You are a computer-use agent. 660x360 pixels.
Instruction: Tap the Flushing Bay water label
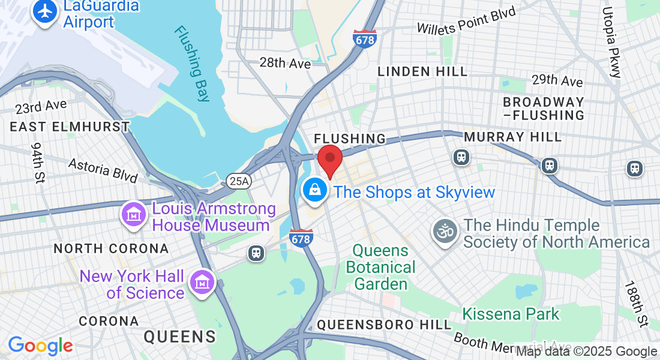(193, 62)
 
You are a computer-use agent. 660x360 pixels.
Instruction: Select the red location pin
(329, 160)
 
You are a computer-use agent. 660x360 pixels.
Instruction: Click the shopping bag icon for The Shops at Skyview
(314, 191)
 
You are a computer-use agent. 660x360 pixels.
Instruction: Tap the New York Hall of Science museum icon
(202, 282)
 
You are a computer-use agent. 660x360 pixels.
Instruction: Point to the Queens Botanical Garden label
(380, 267)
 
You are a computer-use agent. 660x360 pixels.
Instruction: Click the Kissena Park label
(511, 314)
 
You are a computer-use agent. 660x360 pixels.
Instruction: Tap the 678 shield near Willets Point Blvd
(365, 39)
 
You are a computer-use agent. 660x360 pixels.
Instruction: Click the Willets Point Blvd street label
(466, 21)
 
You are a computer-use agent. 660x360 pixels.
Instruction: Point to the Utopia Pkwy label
(611, 42)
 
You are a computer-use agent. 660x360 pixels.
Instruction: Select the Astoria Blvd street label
(103, 170)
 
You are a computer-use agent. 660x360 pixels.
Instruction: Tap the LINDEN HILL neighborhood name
(422, 71)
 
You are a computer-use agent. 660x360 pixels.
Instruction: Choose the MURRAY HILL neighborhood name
(513, 137)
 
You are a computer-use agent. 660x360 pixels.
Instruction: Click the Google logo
(40, 346)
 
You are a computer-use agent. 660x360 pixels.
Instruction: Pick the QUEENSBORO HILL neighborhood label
(383, 325)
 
